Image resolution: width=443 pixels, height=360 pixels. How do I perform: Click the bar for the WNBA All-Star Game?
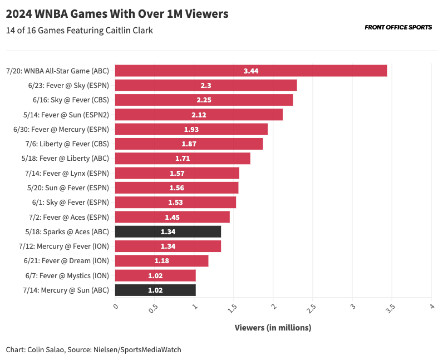click(250, 71)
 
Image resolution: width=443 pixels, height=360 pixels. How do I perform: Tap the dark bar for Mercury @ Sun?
click(155, 290)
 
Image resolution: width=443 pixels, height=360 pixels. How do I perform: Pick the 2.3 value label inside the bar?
click(206, 86)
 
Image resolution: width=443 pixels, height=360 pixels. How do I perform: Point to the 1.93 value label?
click(191, 129)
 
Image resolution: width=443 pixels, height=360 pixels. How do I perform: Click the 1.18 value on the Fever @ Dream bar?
click(161, 260)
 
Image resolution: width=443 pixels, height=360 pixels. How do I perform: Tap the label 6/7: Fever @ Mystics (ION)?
click(67, 275)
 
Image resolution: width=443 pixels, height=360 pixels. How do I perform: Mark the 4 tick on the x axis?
click(431, 307)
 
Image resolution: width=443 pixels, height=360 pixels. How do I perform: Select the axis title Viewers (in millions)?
click(273, 328)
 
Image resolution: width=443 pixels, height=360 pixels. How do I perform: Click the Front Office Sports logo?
click(398, 27)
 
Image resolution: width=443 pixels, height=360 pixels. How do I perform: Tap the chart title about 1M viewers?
click(117, 14)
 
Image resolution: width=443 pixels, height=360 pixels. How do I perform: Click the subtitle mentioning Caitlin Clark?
click(80, 30)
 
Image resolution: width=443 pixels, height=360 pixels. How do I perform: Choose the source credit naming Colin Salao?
click(93, 349)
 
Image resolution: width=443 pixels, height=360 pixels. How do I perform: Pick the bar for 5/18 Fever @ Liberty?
click(183, 159)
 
